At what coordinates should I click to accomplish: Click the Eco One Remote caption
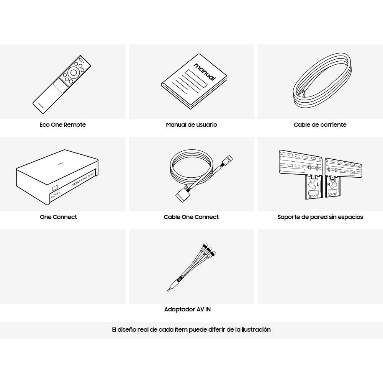click(x=62, y=124)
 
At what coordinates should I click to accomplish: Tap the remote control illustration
click(x=62, y=84)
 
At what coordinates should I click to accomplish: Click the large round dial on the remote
click(x=74, y=72)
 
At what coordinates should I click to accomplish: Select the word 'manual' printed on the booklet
click(x=205, y=72)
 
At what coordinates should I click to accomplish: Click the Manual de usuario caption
click(x=191, y=124)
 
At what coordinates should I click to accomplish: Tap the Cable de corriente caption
click(x=320, y=124)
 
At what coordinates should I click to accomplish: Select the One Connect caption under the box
click(x=58, y=217)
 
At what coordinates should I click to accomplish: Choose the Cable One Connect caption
click(x=191, y=217)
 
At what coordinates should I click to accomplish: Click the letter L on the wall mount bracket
click(x=318, y=185)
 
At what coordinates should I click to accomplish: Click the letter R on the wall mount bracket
click(x=329, y=185)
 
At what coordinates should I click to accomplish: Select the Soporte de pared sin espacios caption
click(x=320, y=217)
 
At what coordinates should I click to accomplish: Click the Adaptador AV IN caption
click(x=187, y=309)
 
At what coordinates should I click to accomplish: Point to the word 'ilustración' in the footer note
click(x=256, y=329)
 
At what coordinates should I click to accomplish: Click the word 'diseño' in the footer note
click(x=127, y=329)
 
